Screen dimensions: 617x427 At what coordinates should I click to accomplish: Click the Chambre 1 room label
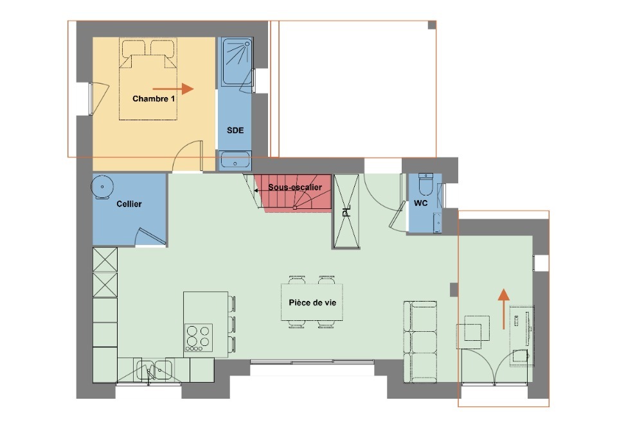tap(154, 99)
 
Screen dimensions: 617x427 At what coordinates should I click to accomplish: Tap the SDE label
tap(235, 131)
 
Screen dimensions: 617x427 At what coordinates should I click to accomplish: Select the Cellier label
tap(129, 204)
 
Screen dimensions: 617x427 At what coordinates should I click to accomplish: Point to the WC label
tap(420, 203)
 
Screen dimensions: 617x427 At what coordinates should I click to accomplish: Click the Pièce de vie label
tap(312, 303)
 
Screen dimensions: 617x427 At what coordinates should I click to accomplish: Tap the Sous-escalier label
tap(295, 187)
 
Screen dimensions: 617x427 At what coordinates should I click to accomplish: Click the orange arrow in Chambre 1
tap(173, 89)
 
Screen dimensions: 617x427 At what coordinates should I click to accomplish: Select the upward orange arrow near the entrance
tap(504, 309)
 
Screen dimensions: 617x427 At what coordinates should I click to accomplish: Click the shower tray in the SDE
tap(237, 62)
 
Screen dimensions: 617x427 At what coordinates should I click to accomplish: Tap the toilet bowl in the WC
tap(425, 185)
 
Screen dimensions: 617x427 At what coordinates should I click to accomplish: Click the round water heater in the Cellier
tap(102, 187)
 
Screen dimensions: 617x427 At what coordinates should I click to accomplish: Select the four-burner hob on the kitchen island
tap(199, 338)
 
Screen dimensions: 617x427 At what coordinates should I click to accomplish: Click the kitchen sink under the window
tap(154, 370)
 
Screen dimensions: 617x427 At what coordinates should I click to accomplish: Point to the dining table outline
tap(312, 302)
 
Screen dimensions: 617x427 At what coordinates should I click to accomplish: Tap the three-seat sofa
tap(420, 342)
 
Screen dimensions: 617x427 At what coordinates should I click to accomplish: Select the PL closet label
tap(346, 212)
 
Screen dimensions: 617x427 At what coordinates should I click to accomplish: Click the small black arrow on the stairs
tap(257, 190)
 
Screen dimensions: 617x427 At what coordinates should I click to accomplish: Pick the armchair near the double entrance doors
tap(474, 332)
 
